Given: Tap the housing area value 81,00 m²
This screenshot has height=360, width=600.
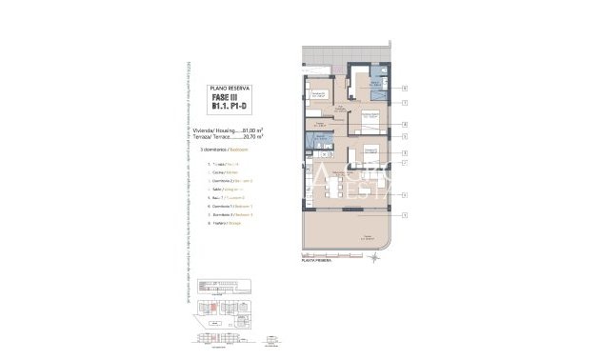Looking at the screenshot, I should click(x=252, y=130).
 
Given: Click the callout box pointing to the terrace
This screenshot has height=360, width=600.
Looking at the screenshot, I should click(x=405, y=215).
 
